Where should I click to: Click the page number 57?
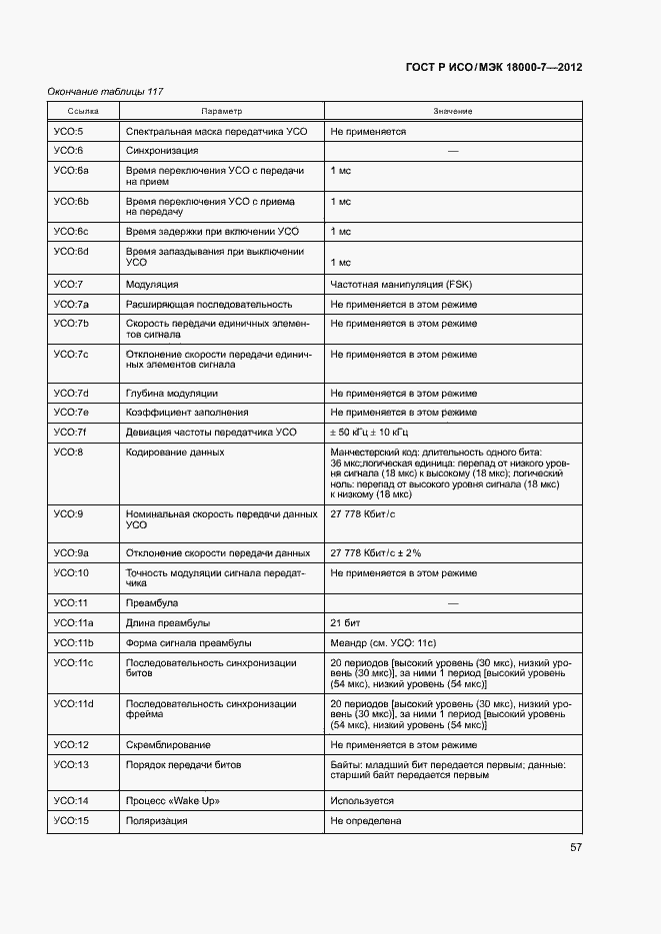click(x=576, y=847)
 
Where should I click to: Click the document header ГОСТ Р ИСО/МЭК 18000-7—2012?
click(x=494, y=68)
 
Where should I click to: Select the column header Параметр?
click(x=221, y=111)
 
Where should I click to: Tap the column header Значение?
click(x=453, y=111)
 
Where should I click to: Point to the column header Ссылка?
click(x=83, y=111)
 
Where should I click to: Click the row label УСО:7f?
click(x=69, y=433)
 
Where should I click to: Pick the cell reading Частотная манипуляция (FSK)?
click(x=393, y=285)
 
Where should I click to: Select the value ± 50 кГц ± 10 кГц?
click(x=369, y=433)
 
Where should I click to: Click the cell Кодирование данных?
click(x=174, y=453)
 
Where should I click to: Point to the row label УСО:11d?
click(x=73, y=704)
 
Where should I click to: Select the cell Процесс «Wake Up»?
click(x=173, y=801)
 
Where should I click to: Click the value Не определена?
click(x=366, y=821)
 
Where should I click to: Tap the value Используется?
click(x=362, y=801)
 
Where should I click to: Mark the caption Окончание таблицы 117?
click(x=105, y=92)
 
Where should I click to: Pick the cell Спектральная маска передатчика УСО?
click(x=217, y=131)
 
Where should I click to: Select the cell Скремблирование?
click(x=168, y=745)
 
